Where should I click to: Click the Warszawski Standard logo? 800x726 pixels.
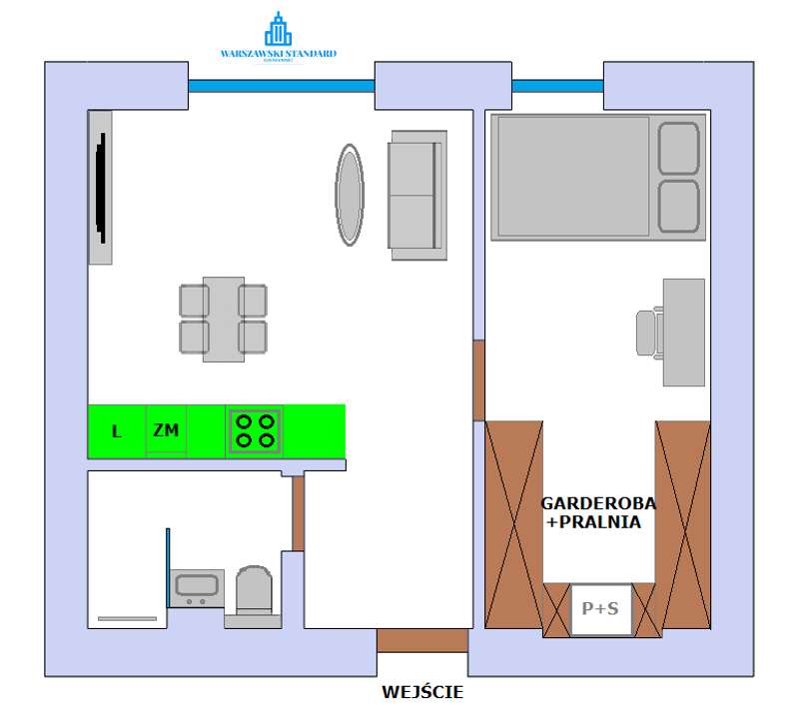click(279, 39)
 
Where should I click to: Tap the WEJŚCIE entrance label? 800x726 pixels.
click(422, 691)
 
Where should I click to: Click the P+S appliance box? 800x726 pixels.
click(601, 609)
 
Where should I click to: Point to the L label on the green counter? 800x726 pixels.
click(117, 432)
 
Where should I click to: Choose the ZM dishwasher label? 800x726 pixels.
click(166, 430)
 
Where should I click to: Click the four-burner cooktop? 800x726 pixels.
click(254, 431)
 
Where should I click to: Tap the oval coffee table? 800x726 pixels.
click(349, 195)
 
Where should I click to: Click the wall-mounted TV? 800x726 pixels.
click(101, 187)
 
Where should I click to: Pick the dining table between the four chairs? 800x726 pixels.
click(224, 319)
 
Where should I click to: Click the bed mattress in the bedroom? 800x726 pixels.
click(573, 176)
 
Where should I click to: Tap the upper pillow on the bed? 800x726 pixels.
click(679, 148)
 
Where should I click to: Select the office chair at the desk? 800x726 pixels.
click(649, 331)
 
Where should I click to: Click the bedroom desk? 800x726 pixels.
click(684, 332)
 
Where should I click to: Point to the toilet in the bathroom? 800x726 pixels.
click(254, 592)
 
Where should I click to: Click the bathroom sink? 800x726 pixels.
click(196, 587)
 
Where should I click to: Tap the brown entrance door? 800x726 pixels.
click(421, 640)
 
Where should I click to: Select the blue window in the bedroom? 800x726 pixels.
click(557, 86)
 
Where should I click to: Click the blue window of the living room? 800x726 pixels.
click(281, 86)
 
